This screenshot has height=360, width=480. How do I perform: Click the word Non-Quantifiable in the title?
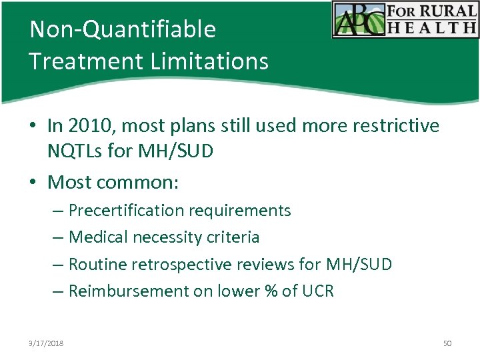(123, 29)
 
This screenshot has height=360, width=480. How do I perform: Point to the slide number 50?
(447, 343)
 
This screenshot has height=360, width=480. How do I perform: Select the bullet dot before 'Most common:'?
(33, 182)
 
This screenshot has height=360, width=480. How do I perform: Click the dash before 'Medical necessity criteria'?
(57, 237)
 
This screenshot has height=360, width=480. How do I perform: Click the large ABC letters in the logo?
(357, 20)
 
